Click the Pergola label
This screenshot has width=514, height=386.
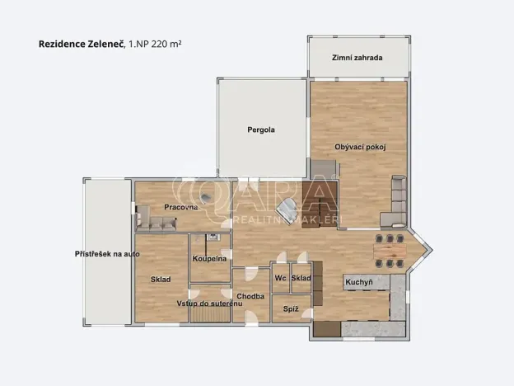[x=261, y=130]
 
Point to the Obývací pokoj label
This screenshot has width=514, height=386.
[x=361, y=147]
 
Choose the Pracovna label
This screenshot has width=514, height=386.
[x=180, y=207]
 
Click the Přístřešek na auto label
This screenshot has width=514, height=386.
[x=107, y=254]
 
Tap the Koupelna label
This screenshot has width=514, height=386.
[x=209, y=259]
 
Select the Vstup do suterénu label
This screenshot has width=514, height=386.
[x=209, y=304]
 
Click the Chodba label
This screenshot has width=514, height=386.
[x=250, y=296]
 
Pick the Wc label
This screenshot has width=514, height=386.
[x=280, y=278]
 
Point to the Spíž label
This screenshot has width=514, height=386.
[x=290, y=309]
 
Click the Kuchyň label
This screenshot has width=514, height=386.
[x=358, y=282]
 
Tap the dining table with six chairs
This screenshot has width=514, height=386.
[x=390, y=252]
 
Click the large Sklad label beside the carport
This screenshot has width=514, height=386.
[x=160, y=280]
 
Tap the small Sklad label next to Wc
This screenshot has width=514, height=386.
[x=301, y=278]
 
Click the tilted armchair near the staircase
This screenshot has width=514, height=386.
[x=287, y=209]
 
